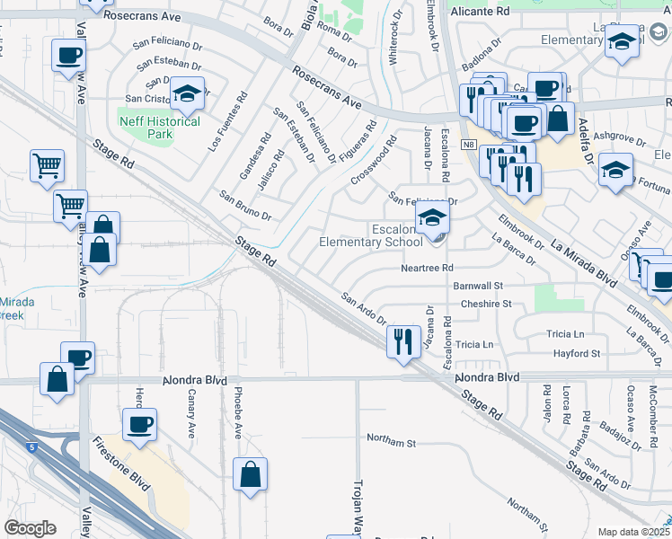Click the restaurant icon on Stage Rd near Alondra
click(x=401, y=340)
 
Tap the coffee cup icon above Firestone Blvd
click(x=139, y=424)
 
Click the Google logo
click(x=30, y=528)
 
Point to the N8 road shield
click(x=468, y=144)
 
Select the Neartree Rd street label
click(x=427, y=269)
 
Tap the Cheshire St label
click(x=485, y=304)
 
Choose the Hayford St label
click(x=577, y=354)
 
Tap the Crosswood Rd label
click(x=374, y=161)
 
